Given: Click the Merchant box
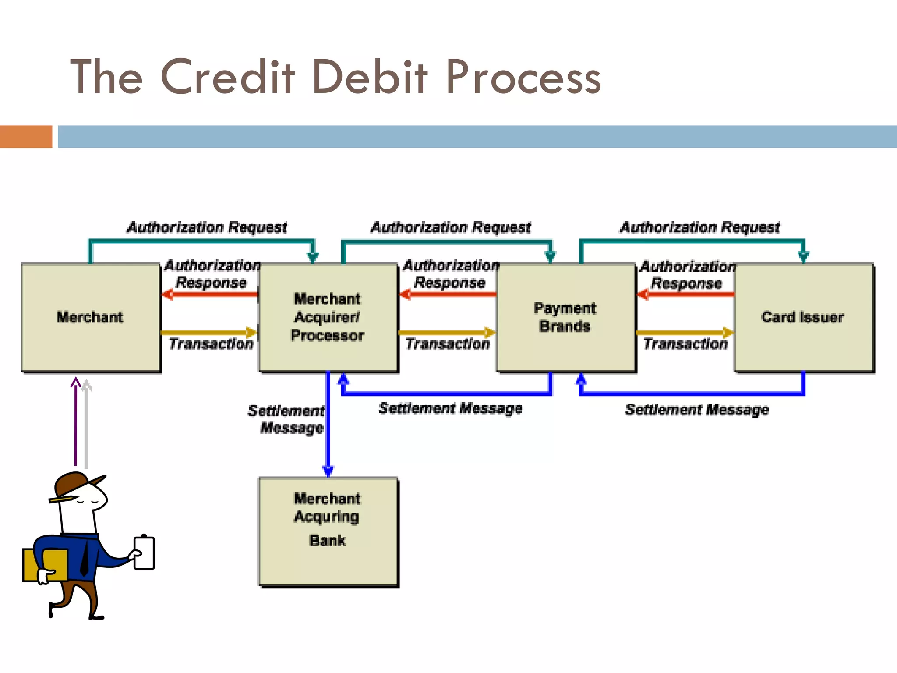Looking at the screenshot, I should (x=91, y=317).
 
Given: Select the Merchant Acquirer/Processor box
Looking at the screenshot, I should (x=328, y=317).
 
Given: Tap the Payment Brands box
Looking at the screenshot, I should (x=565, y=317).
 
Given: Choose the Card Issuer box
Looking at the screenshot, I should (x=803, y=317).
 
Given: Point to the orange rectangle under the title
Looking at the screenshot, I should (x=26, y=136).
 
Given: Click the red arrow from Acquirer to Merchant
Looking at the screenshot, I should (x=210, y=294).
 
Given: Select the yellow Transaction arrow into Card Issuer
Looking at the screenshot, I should (x=685, y=333).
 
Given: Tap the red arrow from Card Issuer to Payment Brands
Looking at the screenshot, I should (x=686, y=294).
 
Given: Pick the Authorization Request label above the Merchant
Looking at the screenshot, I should (x=207, y=227).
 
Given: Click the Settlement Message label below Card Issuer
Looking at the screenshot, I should (x=696, y=410).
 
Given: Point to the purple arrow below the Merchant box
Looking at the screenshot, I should (x=76, y=421).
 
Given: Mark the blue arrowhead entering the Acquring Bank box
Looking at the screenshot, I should (x=328, y=471).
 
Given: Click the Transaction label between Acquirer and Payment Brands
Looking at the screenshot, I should (x=447, y=344).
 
